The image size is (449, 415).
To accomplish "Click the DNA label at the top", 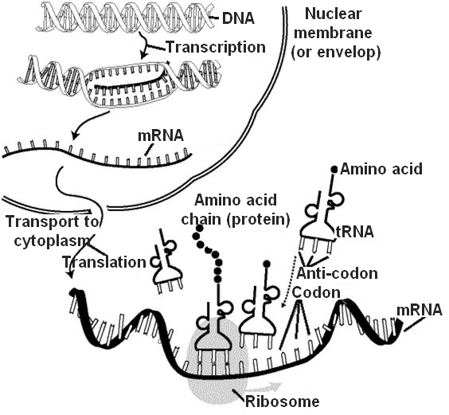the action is [x=239, y=18].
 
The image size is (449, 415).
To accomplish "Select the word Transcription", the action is [x=216, y=47].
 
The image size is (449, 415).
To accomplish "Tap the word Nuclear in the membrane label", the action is [x=334, y=14].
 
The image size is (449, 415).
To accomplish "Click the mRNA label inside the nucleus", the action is [x=161, y=135].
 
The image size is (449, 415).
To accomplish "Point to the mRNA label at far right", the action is [x=420, y=310].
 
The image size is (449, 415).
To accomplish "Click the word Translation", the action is [x=104, y=262].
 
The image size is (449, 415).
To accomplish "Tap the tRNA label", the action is [x=355, y=232].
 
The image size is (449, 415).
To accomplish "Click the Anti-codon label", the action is [x=337, y=273].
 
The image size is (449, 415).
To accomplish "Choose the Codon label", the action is [x=316, y=292].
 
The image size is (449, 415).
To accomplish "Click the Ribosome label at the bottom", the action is [x=283, y=401].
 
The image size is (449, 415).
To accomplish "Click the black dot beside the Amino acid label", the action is [x=334, y=169].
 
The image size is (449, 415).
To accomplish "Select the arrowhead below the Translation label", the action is [x=70, y=274].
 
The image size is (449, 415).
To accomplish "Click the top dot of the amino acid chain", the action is [x=200, y=229].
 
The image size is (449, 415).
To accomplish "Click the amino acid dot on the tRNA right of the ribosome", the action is [x=267, y=264].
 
